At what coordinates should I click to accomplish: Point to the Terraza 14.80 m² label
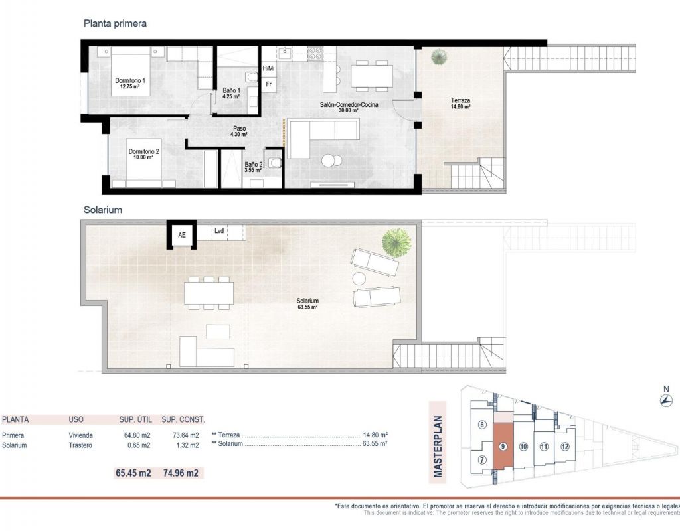(460, 103)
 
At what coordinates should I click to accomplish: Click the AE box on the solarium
(182, 235)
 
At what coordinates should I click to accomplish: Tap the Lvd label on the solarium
(219, 231)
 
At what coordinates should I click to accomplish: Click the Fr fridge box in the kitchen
(268, 84)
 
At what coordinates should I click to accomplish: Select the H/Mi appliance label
(268, 68)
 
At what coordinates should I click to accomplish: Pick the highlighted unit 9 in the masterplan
(503, 447)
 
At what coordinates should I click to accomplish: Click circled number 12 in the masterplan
(564, 447)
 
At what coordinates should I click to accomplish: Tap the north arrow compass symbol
(665, 400)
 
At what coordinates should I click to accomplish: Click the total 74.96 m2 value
(181, 473)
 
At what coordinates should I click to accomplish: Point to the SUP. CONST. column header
(183, 419)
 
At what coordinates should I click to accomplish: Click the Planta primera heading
(115, 23)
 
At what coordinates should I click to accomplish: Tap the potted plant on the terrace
(439, 57)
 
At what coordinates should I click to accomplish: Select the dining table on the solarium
(209, 293)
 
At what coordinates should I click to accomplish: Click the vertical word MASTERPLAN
(438, 447)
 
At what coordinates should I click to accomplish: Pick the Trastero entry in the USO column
(80, 445)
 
